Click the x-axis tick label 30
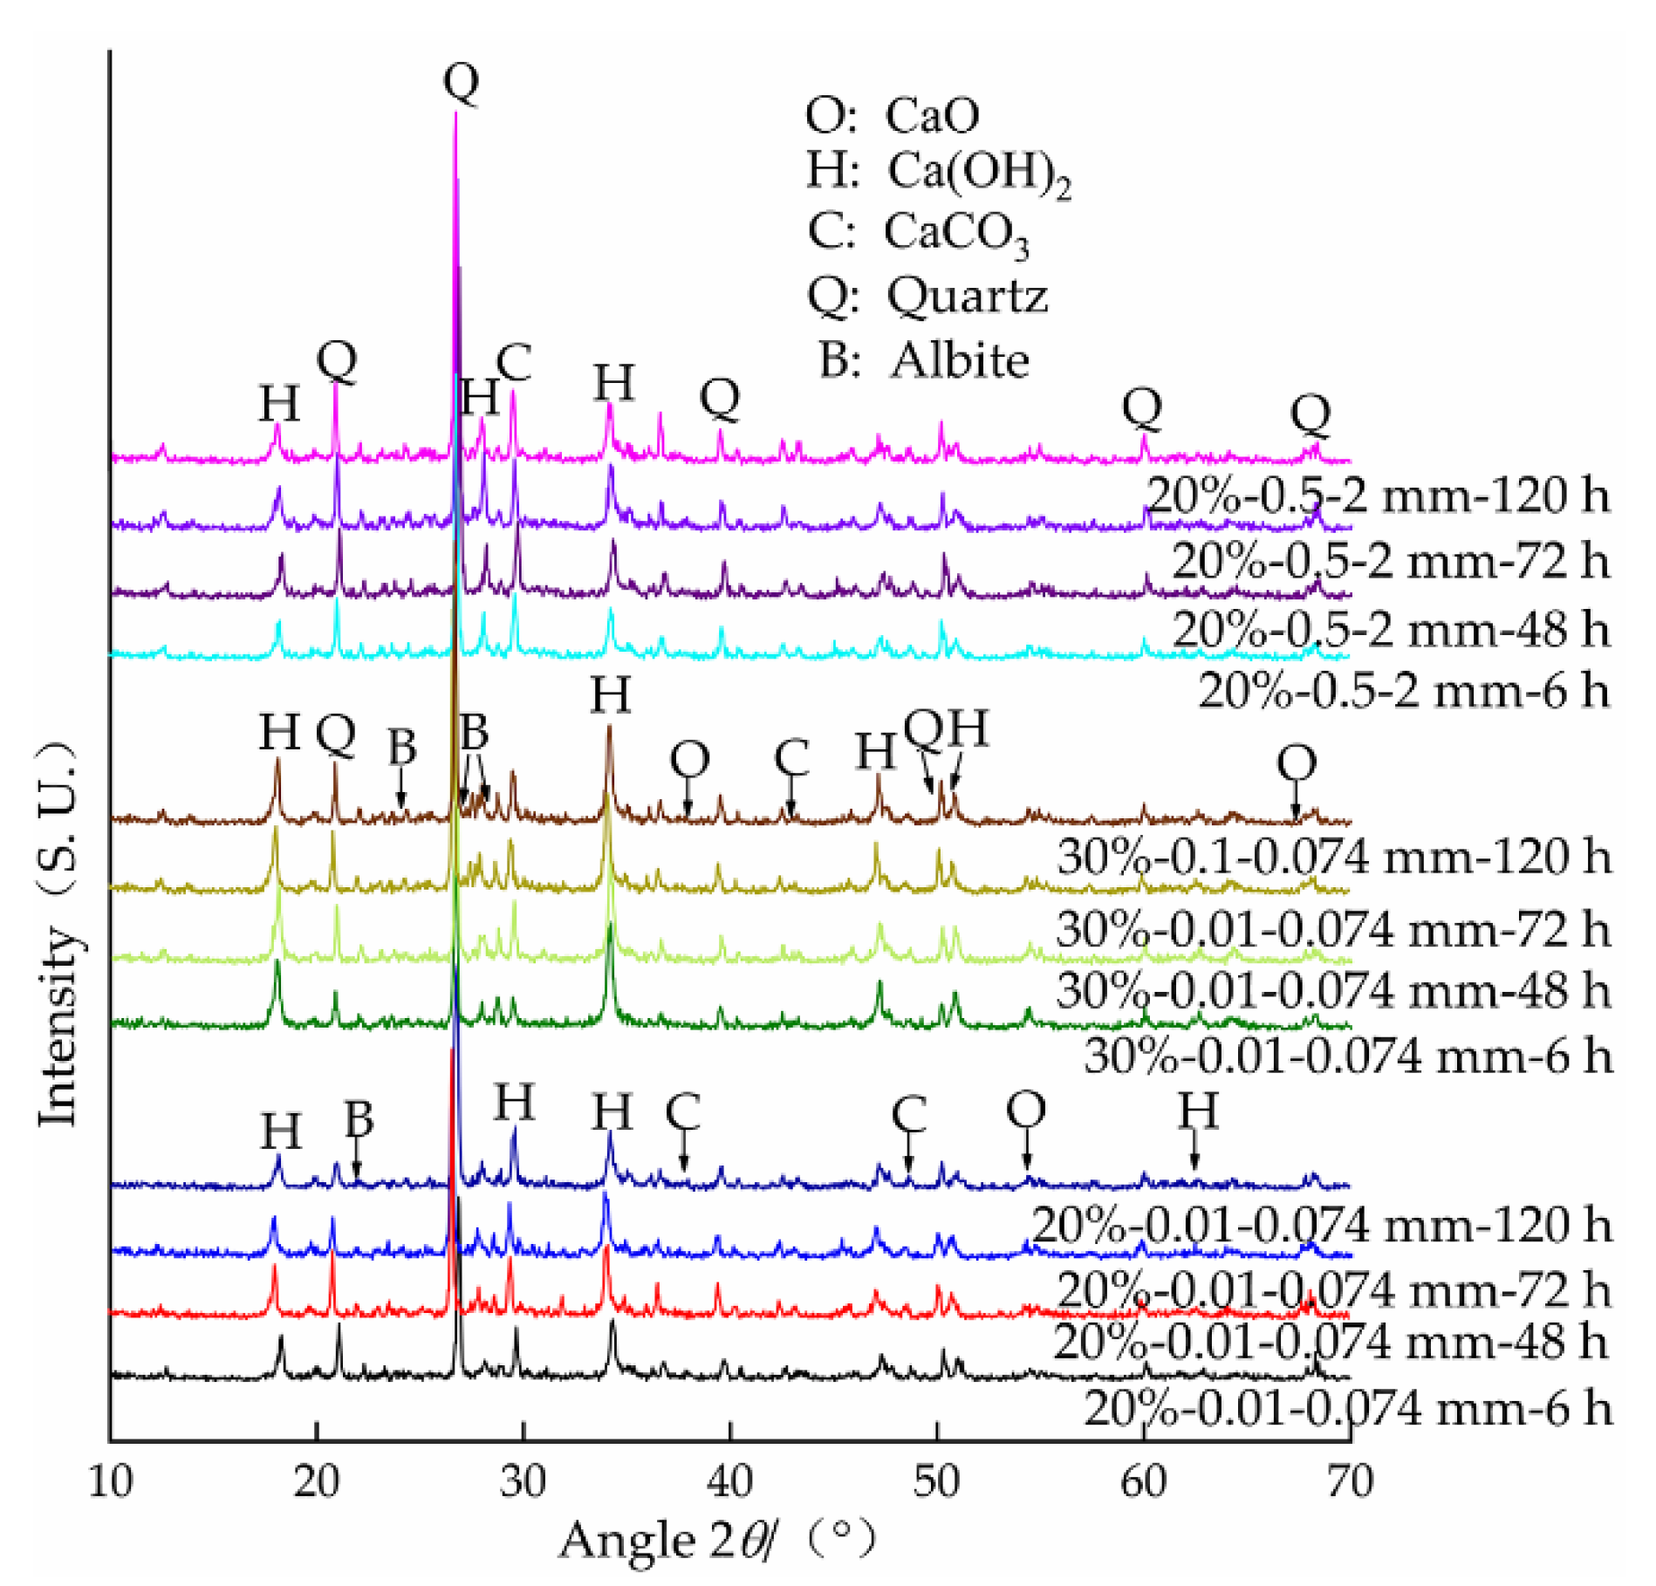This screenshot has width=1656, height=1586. pos(523,1481)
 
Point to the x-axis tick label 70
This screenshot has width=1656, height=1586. pos(1349,1481)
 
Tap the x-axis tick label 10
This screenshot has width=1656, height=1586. pos(111,1481)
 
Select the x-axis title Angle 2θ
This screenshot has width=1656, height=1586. pos(667,1540)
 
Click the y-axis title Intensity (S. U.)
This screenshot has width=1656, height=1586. pos(58,933)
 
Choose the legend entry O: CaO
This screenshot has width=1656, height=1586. pos(892,115)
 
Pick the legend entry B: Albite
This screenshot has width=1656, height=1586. pos(923,359)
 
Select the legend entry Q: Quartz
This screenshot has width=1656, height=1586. pos(927,297)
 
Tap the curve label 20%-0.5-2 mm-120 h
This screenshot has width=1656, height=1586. pos(1378,496)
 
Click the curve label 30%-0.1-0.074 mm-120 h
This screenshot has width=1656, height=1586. pos(1333,857)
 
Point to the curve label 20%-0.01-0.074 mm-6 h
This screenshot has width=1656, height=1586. pos(1347,1409)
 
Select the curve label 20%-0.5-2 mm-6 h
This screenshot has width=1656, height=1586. pos(1404,691)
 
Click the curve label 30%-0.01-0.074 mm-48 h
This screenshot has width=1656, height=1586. pos(1333,992)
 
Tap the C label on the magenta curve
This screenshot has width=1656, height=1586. pos(514,362)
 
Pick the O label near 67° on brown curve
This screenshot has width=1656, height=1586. pos(1296,764)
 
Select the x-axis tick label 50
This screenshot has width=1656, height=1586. pos(937,1481)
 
